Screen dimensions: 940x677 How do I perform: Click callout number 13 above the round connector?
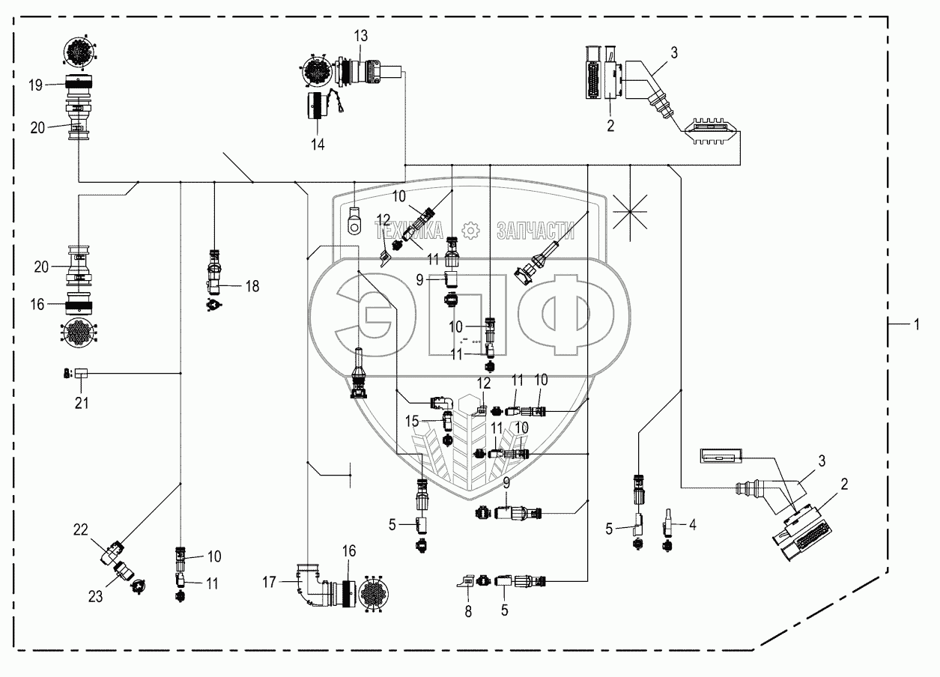[360, 36]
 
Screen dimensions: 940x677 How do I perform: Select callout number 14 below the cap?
[318, 145]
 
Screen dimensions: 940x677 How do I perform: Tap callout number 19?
[36, 85]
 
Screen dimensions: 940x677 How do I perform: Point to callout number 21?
[82, 403]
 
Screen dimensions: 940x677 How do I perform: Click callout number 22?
[81, 529]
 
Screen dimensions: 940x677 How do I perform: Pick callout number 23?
[95, 596]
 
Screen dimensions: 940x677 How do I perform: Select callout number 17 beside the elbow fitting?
[270, 582]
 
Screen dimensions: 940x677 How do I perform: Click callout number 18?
[252, 286]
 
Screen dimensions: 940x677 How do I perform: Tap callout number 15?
[412, 421]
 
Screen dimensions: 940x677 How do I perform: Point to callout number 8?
[468, 612]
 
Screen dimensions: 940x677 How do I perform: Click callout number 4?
[693, 524]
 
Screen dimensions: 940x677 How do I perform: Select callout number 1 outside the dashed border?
[917, 324]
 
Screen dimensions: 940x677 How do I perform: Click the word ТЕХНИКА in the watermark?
[409, 230]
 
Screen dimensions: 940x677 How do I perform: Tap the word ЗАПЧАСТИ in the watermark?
[536, 230]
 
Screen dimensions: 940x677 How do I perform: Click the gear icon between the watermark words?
[470, 230]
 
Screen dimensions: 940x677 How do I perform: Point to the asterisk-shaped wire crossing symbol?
[630, 212]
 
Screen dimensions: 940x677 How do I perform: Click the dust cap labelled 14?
[318, 106]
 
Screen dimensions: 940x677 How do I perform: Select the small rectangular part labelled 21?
[82, 373]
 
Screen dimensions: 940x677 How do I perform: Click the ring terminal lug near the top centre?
[354, 221]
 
